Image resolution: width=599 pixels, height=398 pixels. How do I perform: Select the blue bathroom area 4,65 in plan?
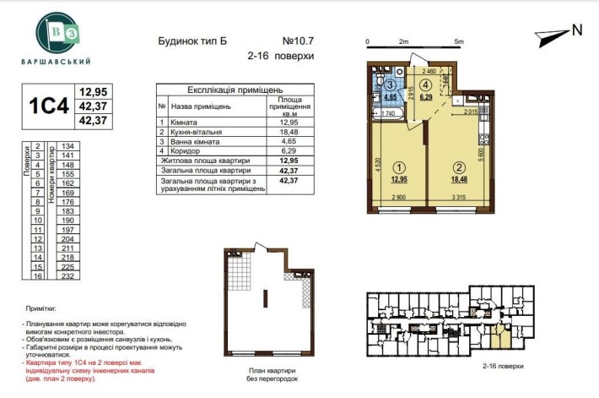click(x=389, y=97)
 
